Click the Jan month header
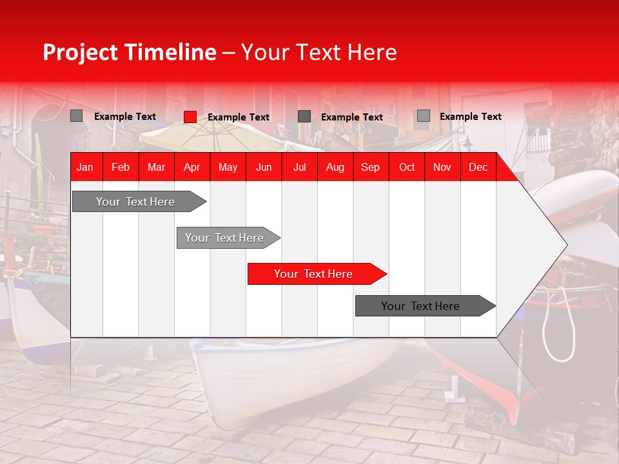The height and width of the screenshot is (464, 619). (x=85, y=168)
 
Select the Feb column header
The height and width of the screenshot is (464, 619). (x=121, y=168)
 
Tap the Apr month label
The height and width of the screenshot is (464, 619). (x=192, y=168)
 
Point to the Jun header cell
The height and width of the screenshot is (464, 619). (x=264, y=168)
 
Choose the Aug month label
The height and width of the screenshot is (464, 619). (x=335, y=168)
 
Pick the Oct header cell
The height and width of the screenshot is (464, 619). (x=407, y=168)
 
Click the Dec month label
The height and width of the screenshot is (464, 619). (x=478, y=168)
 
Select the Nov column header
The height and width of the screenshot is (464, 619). (x=442, y=168)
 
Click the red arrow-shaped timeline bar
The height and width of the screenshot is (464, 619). (x=317, y=274)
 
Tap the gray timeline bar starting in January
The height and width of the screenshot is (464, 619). (x=139, y=202)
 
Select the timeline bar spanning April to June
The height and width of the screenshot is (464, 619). (x=228, y=238)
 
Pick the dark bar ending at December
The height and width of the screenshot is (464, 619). (x=426, y=305)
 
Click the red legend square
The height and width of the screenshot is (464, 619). (x=190, y=117)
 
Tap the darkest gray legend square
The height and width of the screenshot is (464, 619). (x=304, y=117)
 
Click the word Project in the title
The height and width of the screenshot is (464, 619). (x=80, y=53)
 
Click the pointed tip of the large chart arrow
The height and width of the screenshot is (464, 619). (x=567, y=245)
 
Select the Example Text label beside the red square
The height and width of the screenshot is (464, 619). (x=239, y=117)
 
